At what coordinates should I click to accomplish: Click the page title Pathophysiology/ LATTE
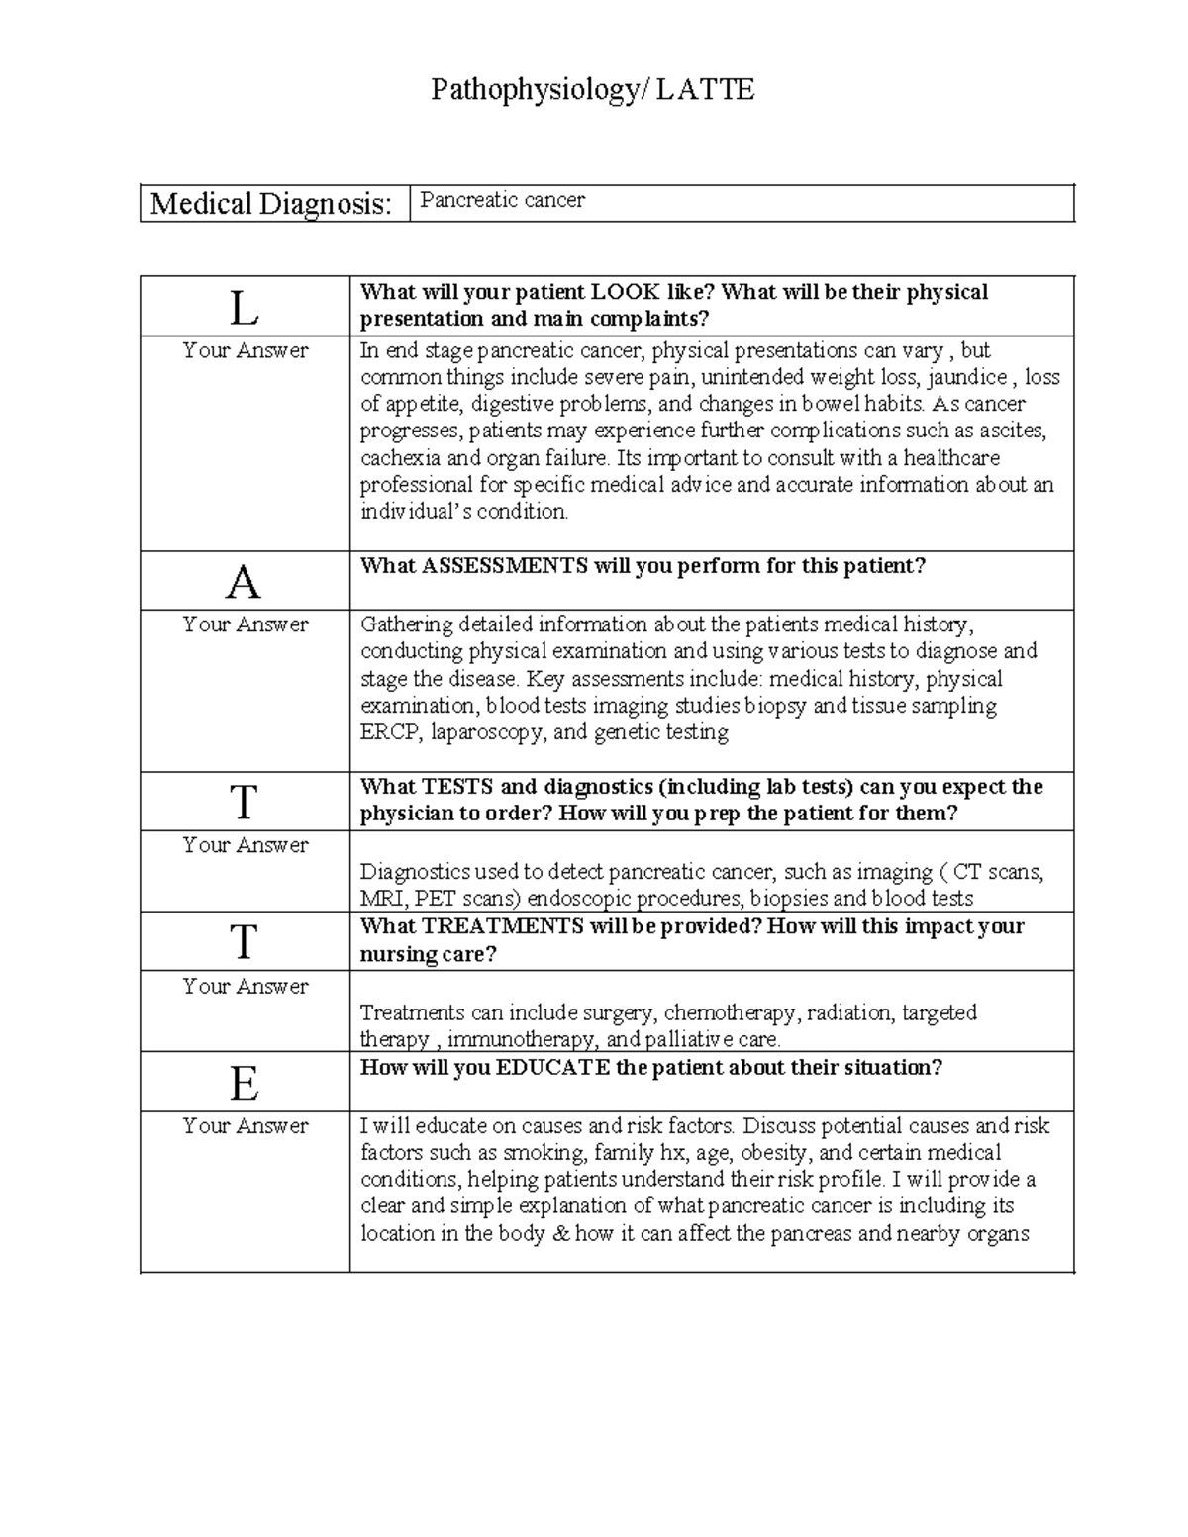(592, 90)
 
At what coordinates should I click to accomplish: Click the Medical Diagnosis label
(270, 204)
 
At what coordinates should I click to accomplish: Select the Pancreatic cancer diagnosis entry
(502, 200)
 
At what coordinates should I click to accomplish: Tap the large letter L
(244, 309)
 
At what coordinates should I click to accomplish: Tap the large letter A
(244, 583)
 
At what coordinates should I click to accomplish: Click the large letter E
(244, 1085)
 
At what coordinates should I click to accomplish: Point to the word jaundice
(966, 377)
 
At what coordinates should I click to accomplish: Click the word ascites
(1013, 432)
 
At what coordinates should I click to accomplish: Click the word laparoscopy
(486, 733)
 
